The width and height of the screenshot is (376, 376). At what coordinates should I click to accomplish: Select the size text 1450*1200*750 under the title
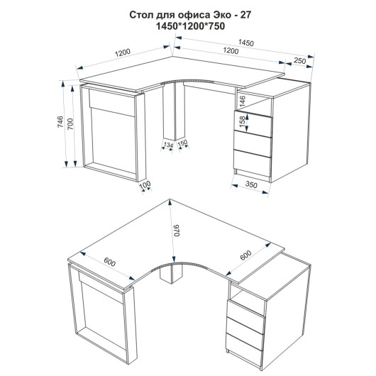point(190,26)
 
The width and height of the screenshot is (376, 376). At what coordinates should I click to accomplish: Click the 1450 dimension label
point(245,43)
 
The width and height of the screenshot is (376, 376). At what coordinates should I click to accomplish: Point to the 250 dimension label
point(300,61)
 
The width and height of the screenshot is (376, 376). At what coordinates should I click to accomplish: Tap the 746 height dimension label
point(60,121)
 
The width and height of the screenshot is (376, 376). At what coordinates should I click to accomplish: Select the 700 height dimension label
point(71,124)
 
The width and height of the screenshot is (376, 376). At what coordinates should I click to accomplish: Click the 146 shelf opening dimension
point(243,101)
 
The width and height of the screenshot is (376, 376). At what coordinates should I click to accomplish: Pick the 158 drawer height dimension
point(243,121)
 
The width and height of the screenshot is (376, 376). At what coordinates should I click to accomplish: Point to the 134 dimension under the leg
point(168,145)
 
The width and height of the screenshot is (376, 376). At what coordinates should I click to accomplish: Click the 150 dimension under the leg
point(182,143)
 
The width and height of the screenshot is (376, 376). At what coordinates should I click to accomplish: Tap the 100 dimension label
point(145,184)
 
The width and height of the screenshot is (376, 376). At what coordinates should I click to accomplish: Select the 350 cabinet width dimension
point(251,184)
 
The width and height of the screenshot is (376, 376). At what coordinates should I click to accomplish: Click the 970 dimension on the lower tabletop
point(177,231)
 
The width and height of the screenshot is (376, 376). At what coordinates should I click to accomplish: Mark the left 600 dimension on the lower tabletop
point(110,262)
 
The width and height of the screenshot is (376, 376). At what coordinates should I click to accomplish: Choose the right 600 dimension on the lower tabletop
point(245,255)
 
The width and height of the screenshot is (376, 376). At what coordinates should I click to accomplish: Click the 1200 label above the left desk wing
point(123,52)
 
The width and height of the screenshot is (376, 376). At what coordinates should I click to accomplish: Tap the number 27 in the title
point(245,15)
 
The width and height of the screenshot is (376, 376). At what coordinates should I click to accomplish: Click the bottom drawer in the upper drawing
point(253,160)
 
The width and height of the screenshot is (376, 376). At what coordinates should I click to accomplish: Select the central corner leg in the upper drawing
point(174,111)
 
